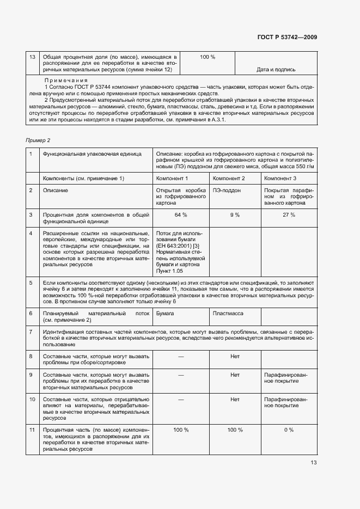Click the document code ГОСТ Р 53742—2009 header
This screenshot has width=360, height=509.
coord(287,37)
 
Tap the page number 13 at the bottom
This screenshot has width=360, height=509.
coord(313,463)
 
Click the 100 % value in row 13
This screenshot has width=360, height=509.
coord(208,57)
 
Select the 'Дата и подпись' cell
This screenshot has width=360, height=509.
coord(276,70)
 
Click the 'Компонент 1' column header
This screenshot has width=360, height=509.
coord(172,179)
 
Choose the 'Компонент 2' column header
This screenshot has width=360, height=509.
coord(229,179)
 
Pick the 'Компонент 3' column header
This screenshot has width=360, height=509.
coord(280,179)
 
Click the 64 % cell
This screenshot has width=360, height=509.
coord(181,215)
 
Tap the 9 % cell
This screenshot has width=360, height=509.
coord(235,215)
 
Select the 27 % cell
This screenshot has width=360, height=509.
coord(289,215)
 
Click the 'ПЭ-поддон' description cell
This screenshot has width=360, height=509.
coord(227,191)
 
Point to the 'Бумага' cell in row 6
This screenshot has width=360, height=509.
coord(165,314)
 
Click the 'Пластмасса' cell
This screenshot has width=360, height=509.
coord(228,314)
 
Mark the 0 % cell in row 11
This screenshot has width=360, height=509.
coord(289,430)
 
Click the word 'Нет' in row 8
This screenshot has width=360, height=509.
coord(235,357)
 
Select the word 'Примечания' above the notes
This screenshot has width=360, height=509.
coord(66,79)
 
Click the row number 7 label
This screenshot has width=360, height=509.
coord(31,332)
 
